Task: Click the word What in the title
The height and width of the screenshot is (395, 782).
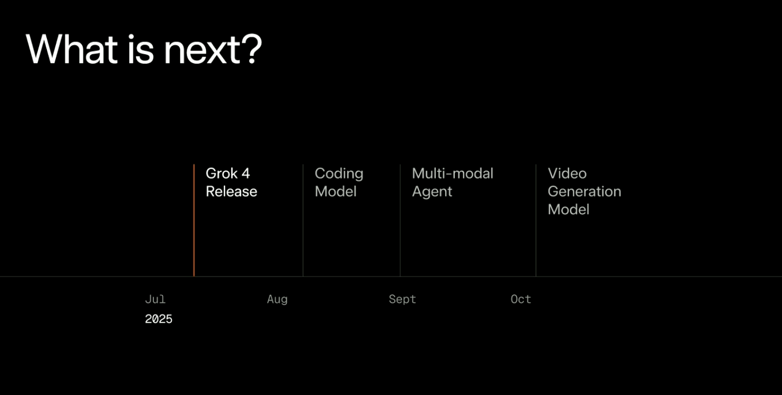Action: pos(71,49)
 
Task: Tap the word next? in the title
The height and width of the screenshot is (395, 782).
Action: pos(212,50)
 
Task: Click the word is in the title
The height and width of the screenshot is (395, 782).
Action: pos(140,49)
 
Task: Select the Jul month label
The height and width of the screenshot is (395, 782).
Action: pos(155,299)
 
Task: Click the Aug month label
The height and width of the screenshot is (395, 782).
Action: pos(277,299)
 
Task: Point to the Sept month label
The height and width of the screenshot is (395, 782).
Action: pos(402,299)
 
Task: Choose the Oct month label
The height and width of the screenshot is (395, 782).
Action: pos(521,299)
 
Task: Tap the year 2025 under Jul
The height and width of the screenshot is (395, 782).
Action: pos(159,319)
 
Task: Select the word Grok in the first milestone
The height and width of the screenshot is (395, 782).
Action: pos(221,173)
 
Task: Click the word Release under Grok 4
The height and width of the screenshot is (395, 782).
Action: pos(231,191)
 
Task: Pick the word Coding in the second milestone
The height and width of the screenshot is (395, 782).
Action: pos(339,173)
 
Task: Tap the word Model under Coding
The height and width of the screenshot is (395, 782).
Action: pos(336,191)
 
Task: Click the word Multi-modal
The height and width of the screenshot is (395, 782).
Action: pos(453,173)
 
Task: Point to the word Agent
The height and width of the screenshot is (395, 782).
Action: pos(432,192)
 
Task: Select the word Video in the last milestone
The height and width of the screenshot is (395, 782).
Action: pos(567,173)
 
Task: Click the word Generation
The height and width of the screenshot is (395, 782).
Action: pos(584,191)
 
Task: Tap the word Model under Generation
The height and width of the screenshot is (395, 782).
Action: pos(569,209)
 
